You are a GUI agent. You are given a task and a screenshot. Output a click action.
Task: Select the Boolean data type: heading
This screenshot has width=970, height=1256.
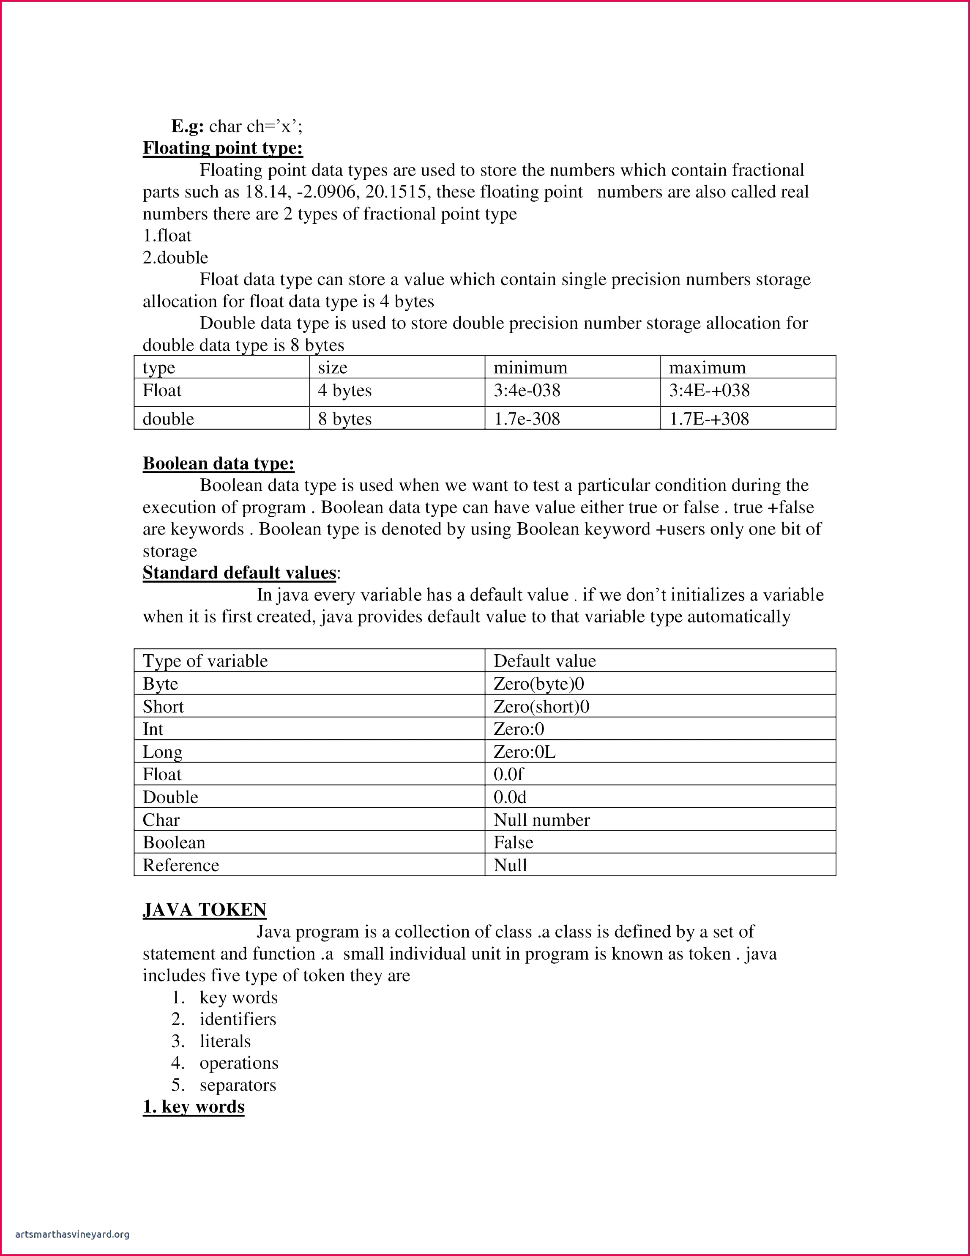tap(219, 463)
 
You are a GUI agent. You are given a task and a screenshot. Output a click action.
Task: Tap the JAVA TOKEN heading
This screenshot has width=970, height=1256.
tap(205, 910)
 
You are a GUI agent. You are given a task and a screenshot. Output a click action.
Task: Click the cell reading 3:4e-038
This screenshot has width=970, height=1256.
tap(527, 390)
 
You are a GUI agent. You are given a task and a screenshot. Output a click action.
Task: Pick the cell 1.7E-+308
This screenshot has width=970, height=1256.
tap(709, 419)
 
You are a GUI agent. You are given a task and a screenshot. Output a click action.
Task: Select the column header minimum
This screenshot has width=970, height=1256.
tap(530, 367)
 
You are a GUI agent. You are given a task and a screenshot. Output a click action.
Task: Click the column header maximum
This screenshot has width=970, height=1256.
tap(707, 367)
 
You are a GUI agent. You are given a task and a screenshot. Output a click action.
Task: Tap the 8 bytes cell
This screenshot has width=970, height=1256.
tap(345, 419)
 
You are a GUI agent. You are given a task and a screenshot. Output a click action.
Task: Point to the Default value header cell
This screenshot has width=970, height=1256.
tap(544, 661)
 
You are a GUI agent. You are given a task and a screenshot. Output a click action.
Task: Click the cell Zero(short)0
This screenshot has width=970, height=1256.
tap(541, 706)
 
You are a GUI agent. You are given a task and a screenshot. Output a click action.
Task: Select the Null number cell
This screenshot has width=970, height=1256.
tap(541, 820)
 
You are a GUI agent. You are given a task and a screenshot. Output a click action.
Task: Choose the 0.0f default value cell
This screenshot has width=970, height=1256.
tap(508, 774)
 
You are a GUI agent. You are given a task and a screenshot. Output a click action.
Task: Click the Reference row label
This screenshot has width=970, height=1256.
tap(180, 865)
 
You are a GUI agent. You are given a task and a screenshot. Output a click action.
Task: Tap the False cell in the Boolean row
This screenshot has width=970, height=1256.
tap(513, 842)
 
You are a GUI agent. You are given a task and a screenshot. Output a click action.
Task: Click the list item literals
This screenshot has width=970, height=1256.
tap(225, 1041)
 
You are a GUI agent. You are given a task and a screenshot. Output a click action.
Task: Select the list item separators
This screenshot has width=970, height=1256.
tap(238, 1085)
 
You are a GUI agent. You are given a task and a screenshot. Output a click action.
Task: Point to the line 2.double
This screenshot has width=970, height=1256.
tap(175, 257)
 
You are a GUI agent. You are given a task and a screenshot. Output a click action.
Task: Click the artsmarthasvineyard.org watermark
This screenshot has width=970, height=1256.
tap(72, 1234)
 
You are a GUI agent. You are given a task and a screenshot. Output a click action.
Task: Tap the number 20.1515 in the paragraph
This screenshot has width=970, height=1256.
tap(396, 192)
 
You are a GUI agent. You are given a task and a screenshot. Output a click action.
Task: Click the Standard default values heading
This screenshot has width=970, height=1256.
tap(239, 573)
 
